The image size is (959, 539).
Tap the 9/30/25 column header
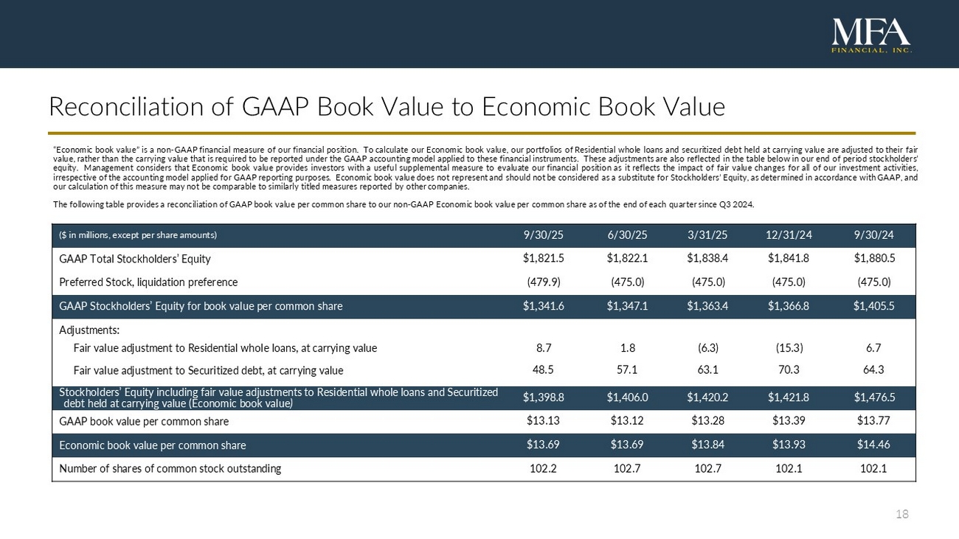[543, 235]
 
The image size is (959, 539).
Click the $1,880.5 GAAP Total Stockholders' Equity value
[874, 259]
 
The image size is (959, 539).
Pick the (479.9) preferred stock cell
[543, 282]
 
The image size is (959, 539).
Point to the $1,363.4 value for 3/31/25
[707, 306]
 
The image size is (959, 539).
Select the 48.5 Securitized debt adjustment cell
[543, 370]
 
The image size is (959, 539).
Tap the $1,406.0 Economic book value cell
[627, 397]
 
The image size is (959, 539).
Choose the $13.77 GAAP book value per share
[874, 422]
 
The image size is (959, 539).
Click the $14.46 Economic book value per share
[874, 445]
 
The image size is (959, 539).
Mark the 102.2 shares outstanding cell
[543, 468]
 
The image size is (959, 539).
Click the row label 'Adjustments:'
[89, 330]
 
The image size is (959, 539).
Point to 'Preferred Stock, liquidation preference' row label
[148, 282]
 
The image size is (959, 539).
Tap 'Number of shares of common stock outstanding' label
[170, 468]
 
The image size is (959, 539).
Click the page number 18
[901, 514]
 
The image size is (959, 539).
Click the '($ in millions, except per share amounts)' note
[138, 235]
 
